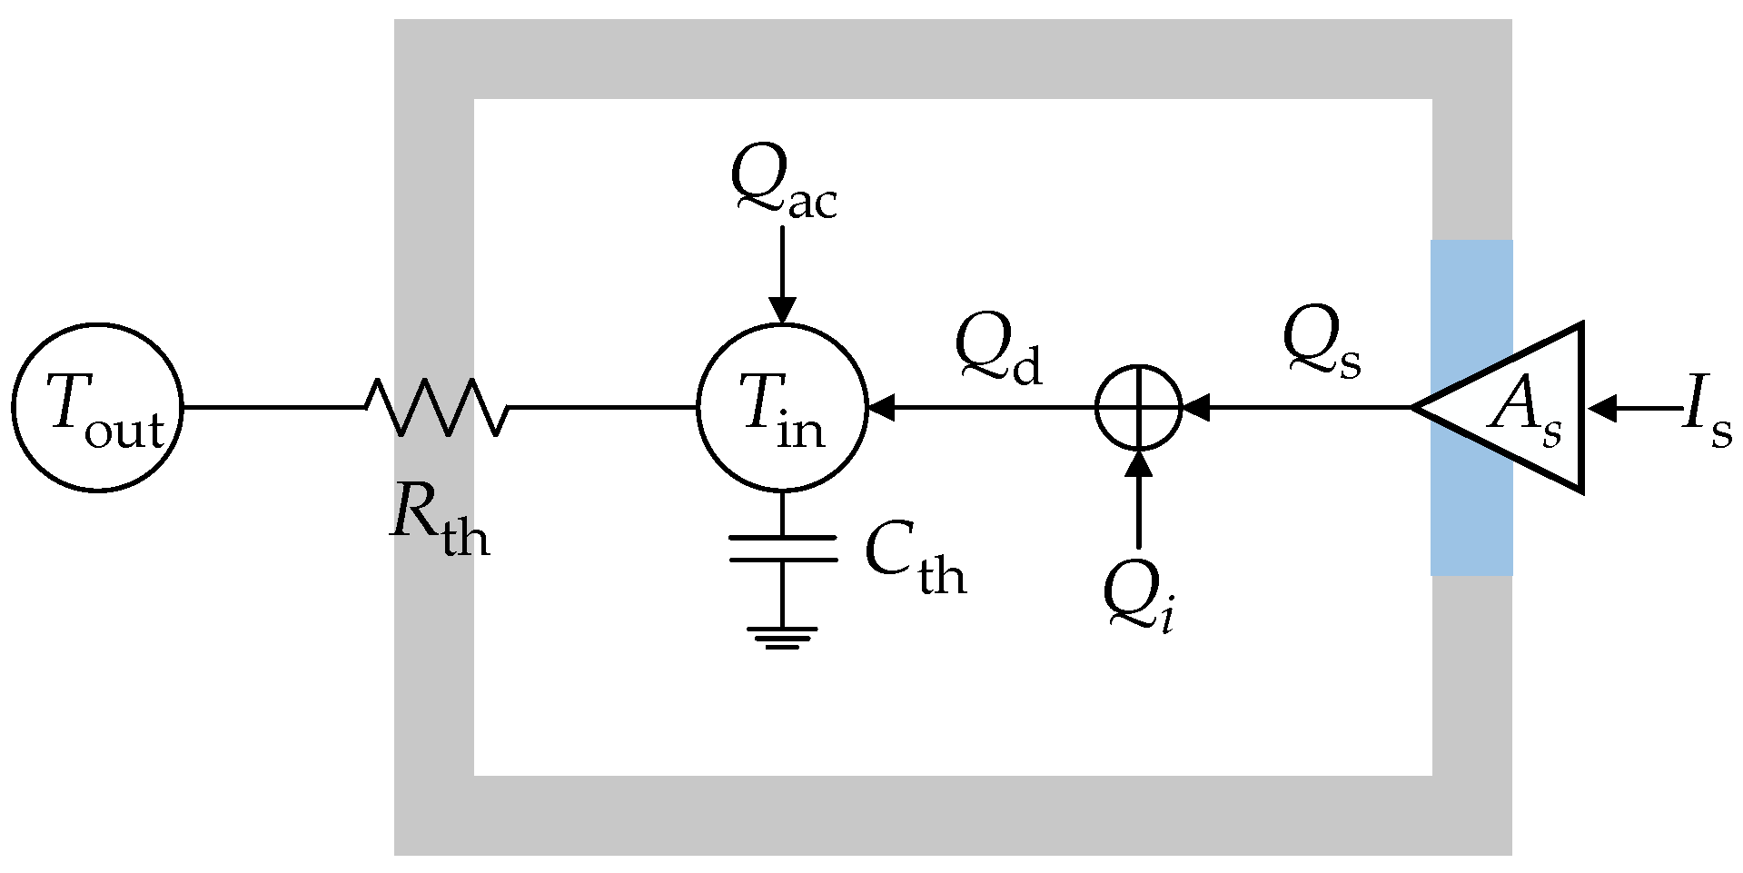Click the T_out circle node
pyautogui.click(x=97, y=408)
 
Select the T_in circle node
pyautogui.click(x=782, y=408)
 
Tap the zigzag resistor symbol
pyautogui.click(x=436, y=408)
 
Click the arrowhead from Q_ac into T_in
pyautogui.click(x=782, y=312)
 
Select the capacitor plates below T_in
pyautogui.click(x=782, y=549)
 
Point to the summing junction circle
pyautogui.click(x=1138, y=408)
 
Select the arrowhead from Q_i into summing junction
pyautogui.click(x=1138, y=463)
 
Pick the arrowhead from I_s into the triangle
pyautogui.click(x=1602, y=408)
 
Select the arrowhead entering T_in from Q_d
pyautogui.click(x=881, y=408)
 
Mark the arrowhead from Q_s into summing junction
pyautogui.click(x=1195, y=408)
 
